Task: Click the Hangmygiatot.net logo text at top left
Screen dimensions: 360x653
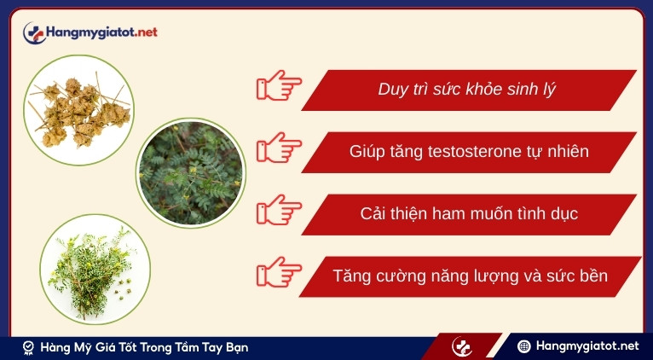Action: [x=102, y=32]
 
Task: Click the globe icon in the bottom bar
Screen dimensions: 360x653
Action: [x=525, y=346]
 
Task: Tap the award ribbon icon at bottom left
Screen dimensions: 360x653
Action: [x=29, y=347]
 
